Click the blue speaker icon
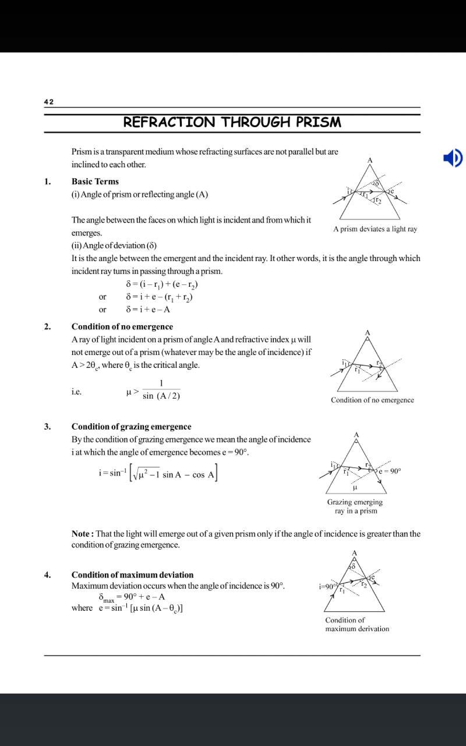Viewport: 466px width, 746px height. tap(453, 158)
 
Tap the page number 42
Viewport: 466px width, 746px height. tap(49, 102)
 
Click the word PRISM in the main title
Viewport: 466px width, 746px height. tap(318, 122)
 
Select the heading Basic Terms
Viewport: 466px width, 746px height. tap(95, 181)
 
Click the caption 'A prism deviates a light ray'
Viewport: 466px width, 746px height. tap(375, 229)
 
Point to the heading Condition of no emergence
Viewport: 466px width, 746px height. tap(122, 326)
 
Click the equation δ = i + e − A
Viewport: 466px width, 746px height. tap(148, 310)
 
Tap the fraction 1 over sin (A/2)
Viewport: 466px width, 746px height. tap(161, 390)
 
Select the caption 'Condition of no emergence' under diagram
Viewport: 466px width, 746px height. tap(372, 400)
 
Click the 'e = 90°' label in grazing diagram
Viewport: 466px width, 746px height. tap(390, 471)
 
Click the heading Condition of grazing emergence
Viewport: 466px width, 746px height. tap(131, 427)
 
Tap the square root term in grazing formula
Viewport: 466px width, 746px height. tap(146, 474)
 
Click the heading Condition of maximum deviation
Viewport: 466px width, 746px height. tap(132, 575)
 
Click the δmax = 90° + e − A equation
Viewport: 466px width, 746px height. tap(132, 597)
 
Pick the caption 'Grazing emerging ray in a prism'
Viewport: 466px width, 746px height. tap(355, 506)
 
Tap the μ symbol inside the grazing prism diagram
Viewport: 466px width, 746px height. tap(355, 487)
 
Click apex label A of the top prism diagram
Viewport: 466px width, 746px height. tap(370, 160)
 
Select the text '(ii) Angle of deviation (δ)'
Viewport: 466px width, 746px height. tap(114, 246)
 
